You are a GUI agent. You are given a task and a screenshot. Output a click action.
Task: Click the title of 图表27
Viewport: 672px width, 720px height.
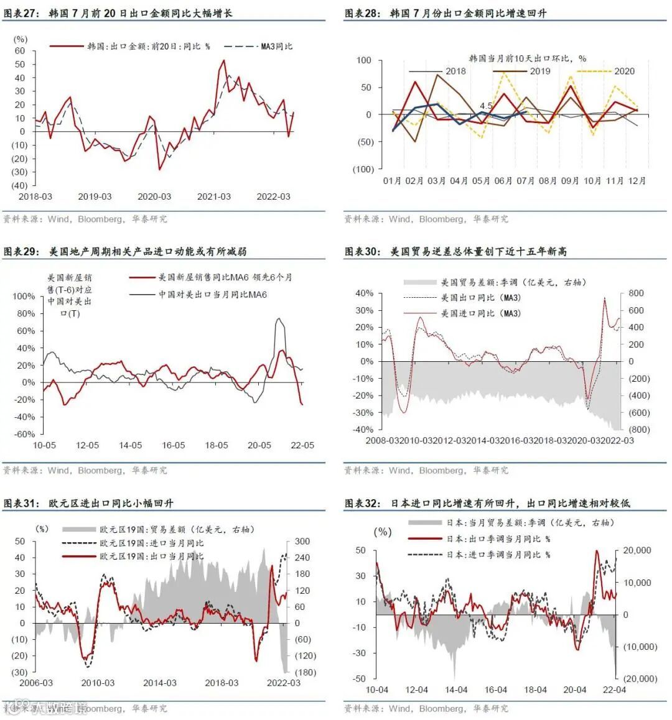click(118, 12)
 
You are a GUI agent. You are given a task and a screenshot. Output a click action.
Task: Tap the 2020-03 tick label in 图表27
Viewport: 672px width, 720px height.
click(154, 196)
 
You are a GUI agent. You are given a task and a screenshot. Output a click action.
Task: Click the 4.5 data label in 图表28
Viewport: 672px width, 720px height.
click(487, 106)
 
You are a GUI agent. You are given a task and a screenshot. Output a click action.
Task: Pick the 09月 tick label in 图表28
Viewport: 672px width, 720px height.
click(570, 181)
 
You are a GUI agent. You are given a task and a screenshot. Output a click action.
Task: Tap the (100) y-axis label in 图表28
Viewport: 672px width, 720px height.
click(362, 169)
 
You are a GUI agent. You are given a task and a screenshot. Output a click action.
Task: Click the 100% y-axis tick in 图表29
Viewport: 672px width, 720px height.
click(24, 296)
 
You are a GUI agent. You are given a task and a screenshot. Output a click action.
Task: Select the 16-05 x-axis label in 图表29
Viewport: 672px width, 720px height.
click(173, 445)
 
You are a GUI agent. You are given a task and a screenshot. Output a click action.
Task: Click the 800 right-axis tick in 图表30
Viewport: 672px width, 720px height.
click(636, 293)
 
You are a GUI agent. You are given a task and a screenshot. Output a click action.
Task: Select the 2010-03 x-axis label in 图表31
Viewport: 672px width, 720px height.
click(98, 683)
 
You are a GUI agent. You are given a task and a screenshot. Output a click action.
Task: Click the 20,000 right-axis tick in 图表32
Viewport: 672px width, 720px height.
click(637, 550)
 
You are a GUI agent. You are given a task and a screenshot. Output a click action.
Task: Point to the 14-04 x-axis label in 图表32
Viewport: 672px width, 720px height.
click(456, 690)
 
